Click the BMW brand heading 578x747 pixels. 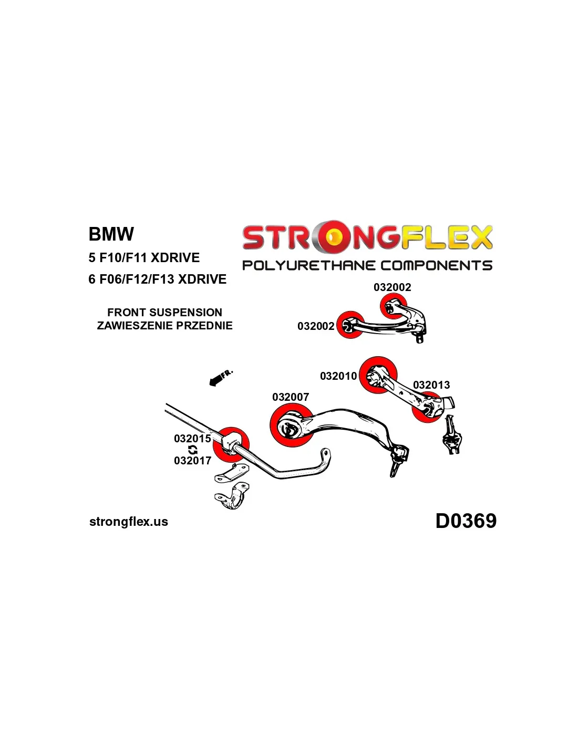click(111, 234)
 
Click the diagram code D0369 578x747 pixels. click(466, 521)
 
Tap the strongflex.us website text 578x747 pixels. click(129, 522)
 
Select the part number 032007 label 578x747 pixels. click(291, 397)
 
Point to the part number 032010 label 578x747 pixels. click(338, 376)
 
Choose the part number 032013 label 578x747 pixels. click(431, 385)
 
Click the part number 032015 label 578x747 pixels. click(192, 438)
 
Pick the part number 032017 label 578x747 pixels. click(192, 461)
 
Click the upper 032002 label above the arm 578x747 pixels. click(392, 287)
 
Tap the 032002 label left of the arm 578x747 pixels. click(316, 326)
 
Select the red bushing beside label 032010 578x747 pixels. click(378, 373)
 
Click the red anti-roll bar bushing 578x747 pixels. click(231, 444)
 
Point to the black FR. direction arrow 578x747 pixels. click(216, 380)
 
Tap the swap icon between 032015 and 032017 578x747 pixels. click(193, 450)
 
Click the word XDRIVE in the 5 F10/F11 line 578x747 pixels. click(175, 258)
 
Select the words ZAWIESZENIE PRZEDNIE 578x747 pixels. click(164, 326)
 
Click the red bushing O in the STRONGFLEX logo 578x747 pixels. click(333, 237)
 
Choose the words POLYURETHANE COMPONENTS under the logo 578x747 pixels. click(367, 266)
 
